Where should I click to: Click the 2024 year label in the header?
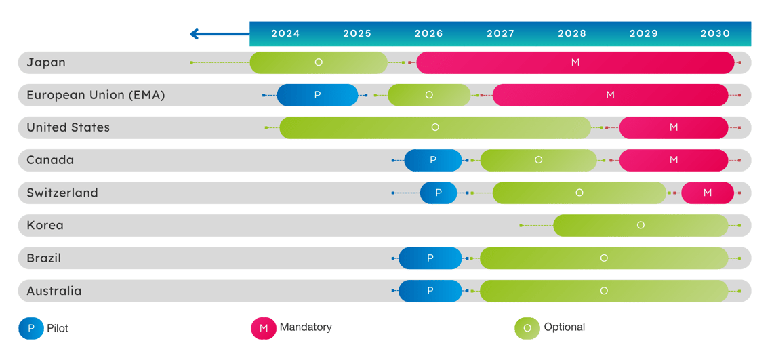pyautogui.click(x=285, y=33)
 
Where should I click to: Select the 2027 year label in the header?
pyautogui.click(x=500, y=33)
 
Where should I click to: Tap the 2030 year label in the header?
pyautogui.click(x=715, y=33)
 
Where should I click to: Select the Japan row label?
pyautogui.click(x=46, y=62)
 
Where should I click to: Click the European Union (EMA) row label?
pyautogui.click(x=96, y=95)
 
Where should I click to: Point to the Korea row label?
pyautogui.click(x=45, y=225)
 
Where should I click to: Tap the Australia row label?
pyautogui.click(x=54, y=291)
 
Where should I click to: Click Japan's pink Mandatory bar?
pyautogui.click(x=575, y=62)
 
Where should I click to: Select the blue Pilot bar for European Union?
pyautogui.click(x=317, y=95)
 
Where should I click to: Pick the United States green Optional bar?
pyautogui.click(x=435, y=127)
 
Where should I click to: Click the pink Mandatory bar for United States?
pyautogui.click(x=673, y=127)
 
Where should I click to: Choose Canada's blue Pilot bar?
pyautogui.click(x=433, y=160)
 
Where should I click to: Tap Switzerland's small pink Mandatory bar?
pyautogui.click(x=707, y=193)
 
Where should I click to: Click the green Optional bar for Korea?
pyautogui.click(x=640, y=225)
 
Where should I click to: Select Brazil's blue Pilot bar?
pyautogui.click(x=430, y=258)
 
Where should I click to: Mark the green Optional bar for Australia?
pyautogui.click(x=603, y=291)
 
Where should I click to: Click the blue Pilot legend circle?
pyautogui.click(x=30, y=328)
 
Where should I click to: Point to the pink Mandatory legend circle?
pyautogui.click(x=263, y=328)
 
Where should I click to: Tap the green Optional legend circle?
pyautogui.click(x=527, y=328)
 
